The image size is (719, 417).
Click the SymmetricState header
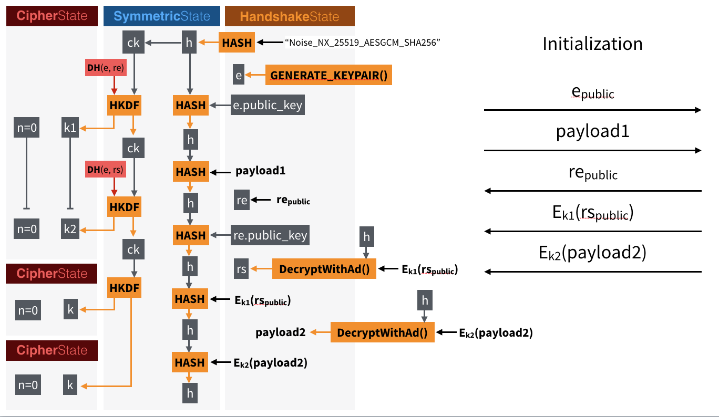tap(162, 16)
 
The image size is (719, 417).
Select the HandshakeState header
tap(290, 16)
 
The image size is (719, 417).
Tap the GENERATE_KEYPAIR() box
tap(328, 76)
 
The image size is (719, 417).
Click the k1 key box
tap(70, 128)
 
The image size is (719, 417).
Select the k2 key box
tap(70, 228)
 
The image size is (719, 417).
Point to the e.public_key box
tap(268, 106)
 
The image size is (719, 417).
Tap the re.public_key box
tap(270, 235)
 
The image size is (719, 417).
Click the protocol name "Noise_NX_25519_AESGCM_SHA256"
tap(362, 43)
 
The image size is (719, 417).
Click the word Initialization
tap(592, 44)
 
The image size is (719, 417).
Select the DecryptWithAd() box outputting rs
tap(324, 269)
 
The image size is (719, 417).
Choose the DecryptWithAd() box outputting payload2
tap(382, 332)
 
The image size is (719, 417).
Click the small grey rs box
tap(241, 269)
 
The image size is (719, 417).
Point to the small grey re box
tap(242, 200)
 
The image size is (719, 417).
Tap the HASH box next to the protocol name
tap(237, 43)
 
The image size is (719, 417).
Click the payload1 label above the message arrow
tap(592, 131)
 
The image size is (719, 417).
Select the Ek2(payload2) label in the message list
tap(592, 253)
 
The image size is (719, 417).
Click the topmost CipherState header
tap(52, 16)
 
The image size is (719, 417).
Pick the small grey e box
tap(239, 76)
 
